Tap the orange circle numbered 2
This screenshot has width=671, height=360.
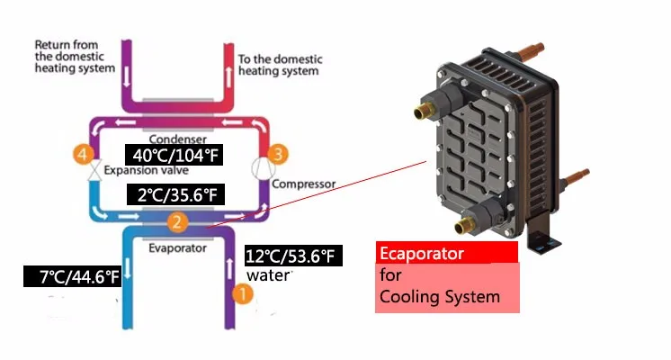pyautogui.click(x=178, y=222)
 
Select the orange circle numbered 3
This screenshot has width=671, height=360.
pyautogui.click(x=279, y=155)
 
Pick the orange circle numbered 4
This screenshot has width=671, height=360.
pyautogui.click(x=84, y=155)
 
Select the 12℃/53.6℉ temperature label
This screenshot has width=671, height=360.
pyautogui.click(x=292, y=257)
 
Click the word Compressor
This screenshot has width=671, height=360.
pyautogui.click(x=303, y=184)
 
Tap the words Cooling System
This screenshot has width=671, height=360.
pyautogui.click(x=440, y=297)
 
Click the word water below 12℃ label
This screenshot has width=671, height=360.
pyautogui.click(x=267, y=274)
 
